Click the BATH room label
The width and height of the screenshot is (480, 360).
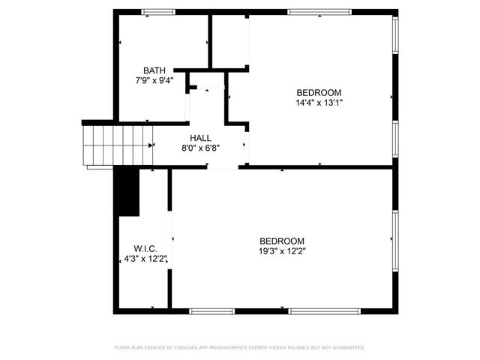(154, 70)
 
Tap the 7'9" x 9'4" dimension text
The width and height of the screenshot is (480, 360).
(154, 80)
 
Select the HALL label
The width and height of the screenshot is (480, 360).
(200, 138)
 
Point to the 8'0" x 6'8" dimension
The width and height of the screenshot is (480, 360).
(200, 148)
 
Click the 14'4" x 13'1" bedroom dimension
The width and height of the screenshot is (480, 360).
(319, 103)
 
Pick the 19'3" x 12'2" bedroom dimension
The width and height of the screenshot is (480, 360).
(281, 251)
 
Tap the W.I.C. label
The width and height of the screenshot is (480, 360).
(144, 248)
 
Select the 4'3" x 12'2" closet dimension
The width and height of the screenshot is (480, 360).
(145, 259)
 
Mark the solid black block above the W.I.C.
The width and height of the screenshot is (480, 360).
(128, 191)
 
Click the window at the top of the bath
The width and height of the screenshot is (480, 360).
(157, 11)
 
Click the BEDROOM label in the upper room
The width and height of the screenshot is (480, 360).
(319, 92)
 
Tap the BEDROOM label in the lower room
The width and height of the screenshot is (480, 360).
(281, 241)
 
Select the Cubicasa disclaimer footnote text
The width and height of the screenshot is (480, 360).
(239, 347)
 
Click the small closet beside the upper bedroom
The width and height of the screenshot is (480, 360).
(229, 41)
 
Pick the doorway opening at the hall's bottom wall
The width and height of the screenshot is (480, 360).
(223, 167)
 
